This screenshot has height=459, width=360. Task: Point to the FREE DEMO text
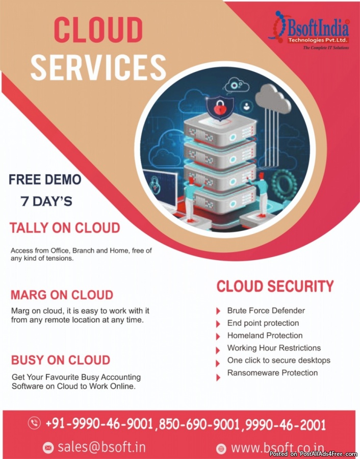[45, 180]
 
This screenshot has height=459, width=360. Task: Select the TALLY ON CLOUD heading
[65, 227]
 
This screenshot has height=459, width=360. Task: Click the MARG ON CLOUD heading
[62, 295]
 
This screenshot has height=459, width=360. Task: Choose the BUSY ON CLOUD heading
[61, 360]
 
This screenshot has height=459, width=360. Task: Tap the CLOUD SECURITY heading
[275, 286]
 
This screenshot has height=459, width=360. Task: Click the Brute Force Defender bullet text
[266, 311]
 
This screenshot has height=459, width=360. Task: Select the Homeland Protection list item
[265, 336]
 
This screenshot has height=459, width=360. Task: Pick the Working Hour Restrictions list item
[274, 348]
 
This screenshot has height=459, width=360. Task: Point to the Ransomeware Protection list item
[272, 373]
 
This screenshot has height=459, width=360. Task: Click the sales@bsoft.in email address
[101, 447]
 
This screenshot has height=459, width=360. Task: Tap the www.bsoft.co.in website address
[277, 448]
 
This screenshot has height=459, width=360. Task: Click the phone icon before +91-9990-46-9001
[34, 423]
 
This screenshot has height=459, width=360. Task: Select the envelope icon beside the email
[48, 448]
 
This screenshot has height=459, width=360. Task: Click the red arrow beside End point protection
[218, 323]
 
